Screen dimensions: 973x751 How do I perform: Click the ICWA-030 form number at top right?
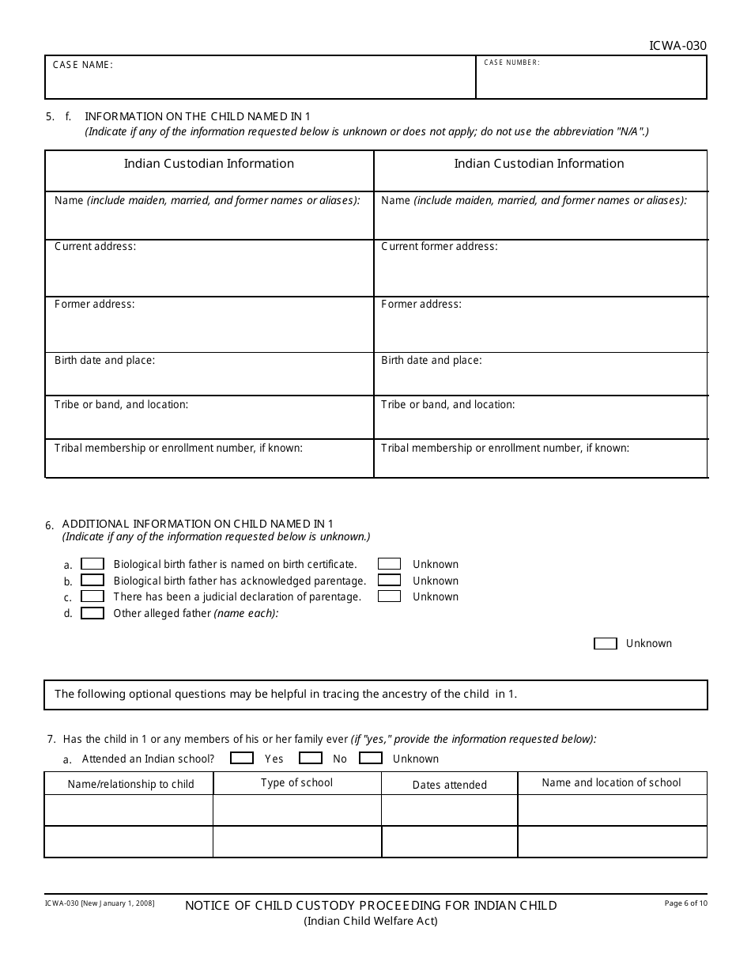[x=677, y=46]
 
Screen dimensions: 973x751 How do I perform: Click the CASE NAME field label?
[x=83, y=65]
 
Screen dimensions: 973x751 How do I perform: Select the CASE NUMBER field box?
[x=591, y=78]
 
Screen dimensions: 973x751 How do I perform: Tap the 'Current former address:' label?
[x=439, y=246]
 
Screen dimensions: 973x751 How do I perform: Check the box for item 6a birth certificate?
[x=92, y=564]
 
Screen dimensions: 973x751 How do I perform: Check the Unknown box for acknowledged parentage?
[x=389, y=581]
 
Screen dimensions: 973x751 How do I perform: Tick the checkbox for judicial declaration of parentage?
[x=92, y=596]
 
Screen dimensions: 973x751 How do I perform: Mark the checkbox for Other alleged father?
[x=92, y=613]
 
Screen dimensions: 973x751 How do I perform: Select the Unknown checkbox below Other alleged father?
[x=605, y=644]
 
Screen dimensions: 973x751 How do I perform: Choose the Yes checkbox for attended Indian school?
[x=241, y=758]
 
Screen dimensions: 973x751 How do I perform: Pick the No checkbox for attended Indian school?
[x=311, y=758]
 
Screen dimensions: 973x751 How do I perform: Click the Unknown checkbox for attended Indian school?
[x=370, y=758]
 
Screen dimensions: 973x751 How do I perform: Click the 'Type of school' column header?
[x=296, y=782]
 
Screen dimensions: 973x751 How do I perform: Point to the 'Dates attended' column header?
[x=449, y=785]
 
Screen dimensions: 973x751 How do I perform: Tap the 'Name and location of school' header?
[x=611, y=782]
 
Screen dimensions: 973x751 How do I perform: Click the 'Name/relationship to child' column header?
[x=130, y=785]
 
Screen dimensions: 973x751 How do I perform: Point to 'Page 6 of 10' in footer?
[x=685, y=903]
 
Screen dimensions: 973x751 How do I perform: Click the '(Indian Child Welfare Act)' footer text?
[x=371, y=921]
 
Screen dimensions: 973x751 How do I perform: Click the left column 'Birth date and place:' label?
[x=104, y=360]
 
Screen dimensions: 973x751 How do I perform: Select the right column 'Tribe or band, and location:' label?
[x=447, y=404]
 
